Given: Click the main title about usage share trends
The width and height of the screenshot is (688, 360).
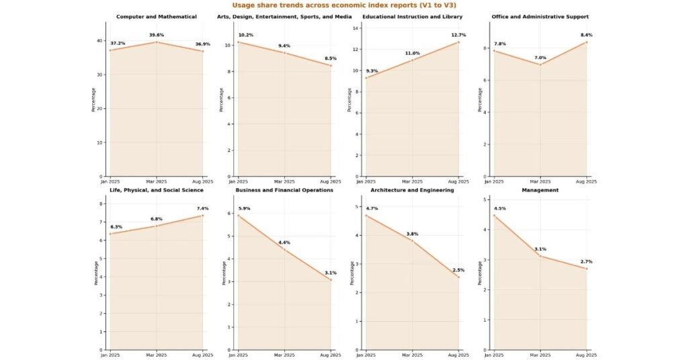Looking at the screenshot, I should (343, 5).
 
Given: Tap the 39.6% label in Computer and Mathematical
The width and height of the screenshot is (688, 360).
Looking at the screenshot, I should (156, 35).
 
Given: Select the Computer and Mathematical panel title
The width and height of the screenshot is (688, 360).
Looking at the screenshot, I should (156, 16).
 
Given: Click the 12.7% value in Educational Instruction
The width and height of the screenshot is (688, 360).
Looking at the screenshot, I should (458, 35).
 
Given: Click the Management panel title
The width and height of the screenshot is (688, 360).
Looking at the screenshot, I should (540, 190).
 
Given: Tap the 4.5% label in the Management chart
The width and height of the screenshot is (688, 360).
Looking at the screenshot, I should (499, 208).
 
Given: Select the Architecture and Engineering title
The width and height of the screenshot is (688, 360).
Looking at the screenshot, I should (412, 190).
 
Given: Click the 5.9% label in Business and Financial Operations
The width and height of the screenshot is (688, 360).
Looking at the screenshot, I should (244, 208).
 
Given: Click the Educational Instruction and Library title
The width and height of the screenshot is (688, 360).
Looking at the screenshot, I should (412, 16).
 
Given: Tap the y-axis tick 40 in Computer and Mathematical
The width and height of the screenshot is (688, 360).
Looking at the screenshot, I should (99, 40).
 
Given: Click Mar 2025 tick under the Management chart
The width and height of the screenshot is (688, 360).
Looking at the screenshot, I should (540, 355).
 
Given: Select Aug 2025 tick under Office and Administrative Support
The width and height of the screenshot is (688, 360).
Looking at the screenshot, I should (586, 182).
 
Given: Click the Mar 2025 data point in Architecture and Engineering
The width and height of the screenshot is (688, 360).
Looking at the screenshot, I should (412, 240).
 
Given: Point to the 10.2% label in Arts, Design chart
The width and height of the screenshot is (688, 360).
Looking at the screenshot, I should (246, 35).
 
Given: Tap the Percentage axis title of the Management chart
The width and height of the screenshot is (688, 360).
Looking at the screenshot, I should (480, 273).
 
